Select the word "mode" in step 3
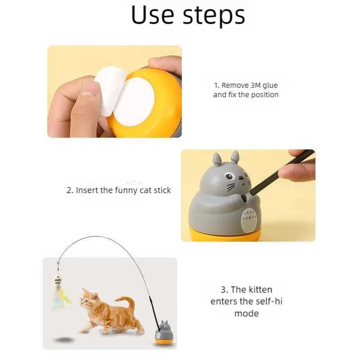pos(246,313)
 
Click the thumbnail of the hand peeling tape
pos(114,91)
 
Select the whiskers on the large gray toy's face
pos(230,186)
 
